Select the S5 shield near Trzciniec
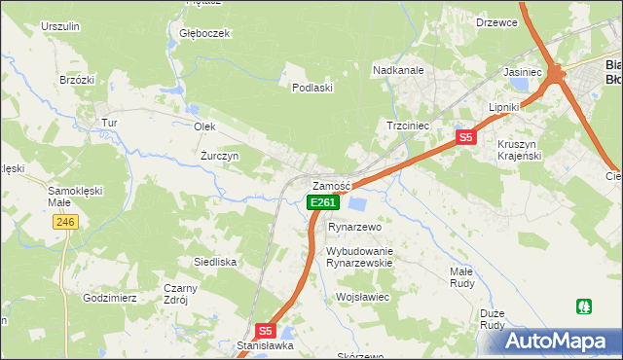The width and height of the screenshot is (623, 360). [x=466, y=137]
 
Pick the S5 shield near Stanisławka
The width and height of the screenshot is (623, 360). [x=266, y=331]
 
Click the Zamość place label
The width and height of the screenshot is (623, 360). [x=330, y=186]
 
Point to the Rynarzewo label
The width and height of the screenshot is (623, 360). [x=354, y=226]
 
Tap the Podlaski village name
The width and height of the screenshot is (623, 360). [x=313, y=88]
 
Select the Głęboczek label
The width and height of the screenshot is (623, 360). [x=204, y=33]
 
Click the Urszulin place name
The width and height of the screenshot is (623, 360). [x=60, y=26]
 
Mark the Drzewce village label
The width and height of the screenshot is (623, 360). [x=496, y=22]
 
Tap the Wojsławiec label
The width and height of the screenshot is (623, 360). [x=362, y=296]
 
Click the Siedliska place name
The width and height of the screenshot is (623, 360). [x=215, y=262]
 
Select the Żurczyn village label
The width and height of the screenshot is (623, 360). [x=220, y=156]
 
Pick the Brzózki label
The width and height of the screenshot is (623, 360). [x=76, y=80]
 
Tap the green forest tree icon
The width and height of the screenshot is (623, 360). [x=584, y=306]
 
